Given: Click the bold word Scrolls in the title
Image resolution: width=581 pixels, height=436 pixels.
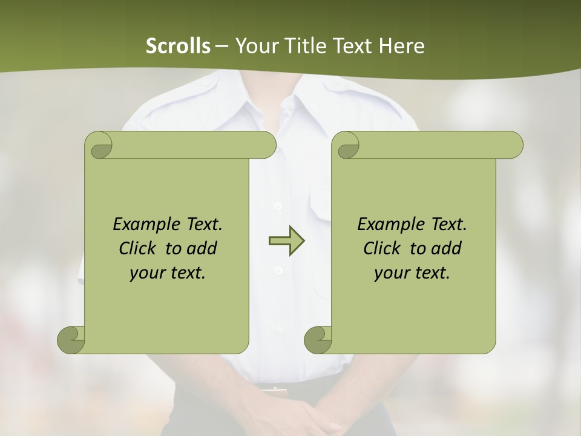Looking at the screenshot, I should (178, 46).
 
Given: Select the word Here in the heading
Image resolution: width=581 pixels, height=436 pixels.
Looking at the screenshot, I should (401, 46).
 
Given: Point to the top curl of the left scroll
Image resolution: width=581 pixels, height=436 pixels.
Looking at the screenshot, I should (99, 145).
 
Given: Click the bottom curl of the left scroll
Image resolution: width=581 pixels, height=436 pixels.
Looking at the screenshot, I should (71, 340).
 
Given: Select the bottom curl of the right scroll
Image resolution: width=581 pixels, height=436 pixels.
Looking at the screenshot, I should (318, 340).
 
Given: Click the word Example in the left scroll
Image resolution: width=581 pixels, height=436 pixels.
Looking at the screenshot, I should (140, 225).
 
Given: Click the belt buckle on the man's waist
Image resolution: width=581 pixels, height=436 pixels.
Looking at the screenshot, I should (275, 389).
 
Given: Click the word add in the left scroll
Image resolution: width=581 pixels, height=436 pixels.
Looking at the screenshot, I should (202, 248).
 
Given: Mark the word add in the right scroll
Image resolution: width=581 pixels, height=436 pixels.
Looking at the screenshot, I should (446, 248).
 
